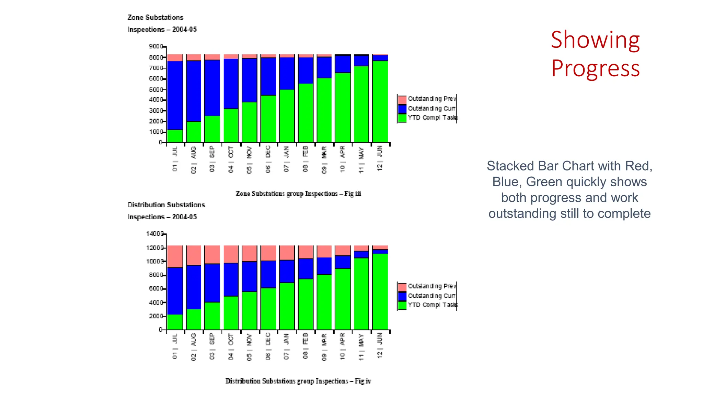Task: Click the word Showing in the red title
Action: (x=595, y=41)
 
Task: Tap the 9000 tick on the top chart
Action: (x=156, y=46)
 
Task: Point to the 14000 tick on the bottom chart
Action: (x=155, y=234)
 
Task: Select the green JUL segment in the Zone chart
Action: (x=175, y=136)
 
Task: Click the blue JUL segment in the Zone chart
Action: (x=175, y=96)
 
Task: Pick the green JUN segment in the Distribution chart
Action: (x=380, y=291)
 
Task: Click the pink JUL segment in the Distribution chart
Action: (x=175, y=256)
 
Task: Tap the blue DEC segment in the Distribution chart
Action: (x=268, y=274)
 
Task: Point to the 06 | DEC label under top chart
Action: (x=268, y=159)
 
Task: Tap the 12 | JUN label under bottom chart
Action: (x=380, y=345)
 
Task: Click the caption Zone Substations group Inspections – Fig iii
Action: (x=298, y=194)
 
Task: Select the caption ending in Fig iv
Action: (x=298, y=381)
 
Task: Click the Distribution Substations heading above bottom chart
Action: (x=166, y=205)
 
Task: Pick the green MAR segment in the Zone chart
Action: (x=324, y=110)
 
